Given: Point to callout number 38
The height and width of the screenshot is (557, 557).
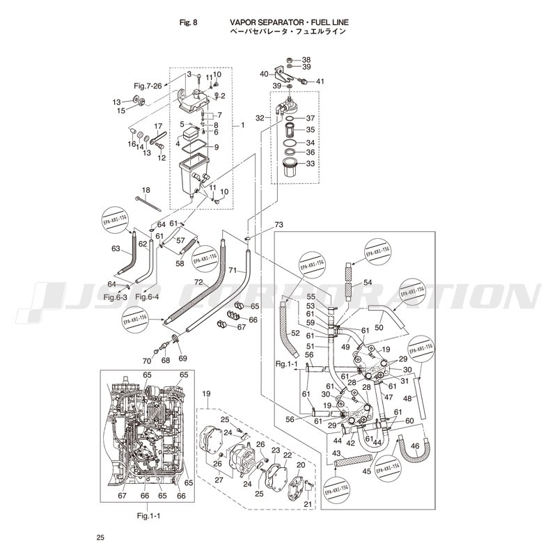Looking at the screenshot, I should pyautogui.click(x=306, y=60).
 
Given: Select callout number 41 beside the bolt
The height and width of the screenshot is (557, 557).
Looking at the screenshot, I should pyautogui.click(x=320, y=81).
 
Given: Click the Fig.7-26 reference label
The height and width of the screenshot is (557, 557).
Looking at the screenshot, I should pyautogui.click(x=148, y=86).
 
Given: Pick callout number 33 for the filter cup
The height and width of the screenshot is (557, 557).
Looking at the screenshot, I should pyautogui.click(x=311, y=164).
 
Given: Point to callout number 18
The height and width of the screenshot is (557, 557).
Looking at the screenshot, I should pyautogui.click(x=146, y=190).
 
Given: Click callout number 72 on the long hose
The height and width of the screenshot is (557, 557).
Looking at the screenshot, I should pyautogui.click(x=198, y=283).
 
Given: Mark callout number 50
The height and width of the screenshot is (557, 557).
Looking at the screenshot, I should pyautogui.click(x=379, y=327).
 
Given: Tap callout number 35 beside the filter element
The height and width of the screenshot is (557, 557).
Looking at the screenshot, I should pyautogui.click(x=311, y=130).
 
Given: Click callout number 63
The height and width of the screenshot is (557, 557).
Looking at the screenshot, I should pyautogui.click(x=116, y=248).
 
